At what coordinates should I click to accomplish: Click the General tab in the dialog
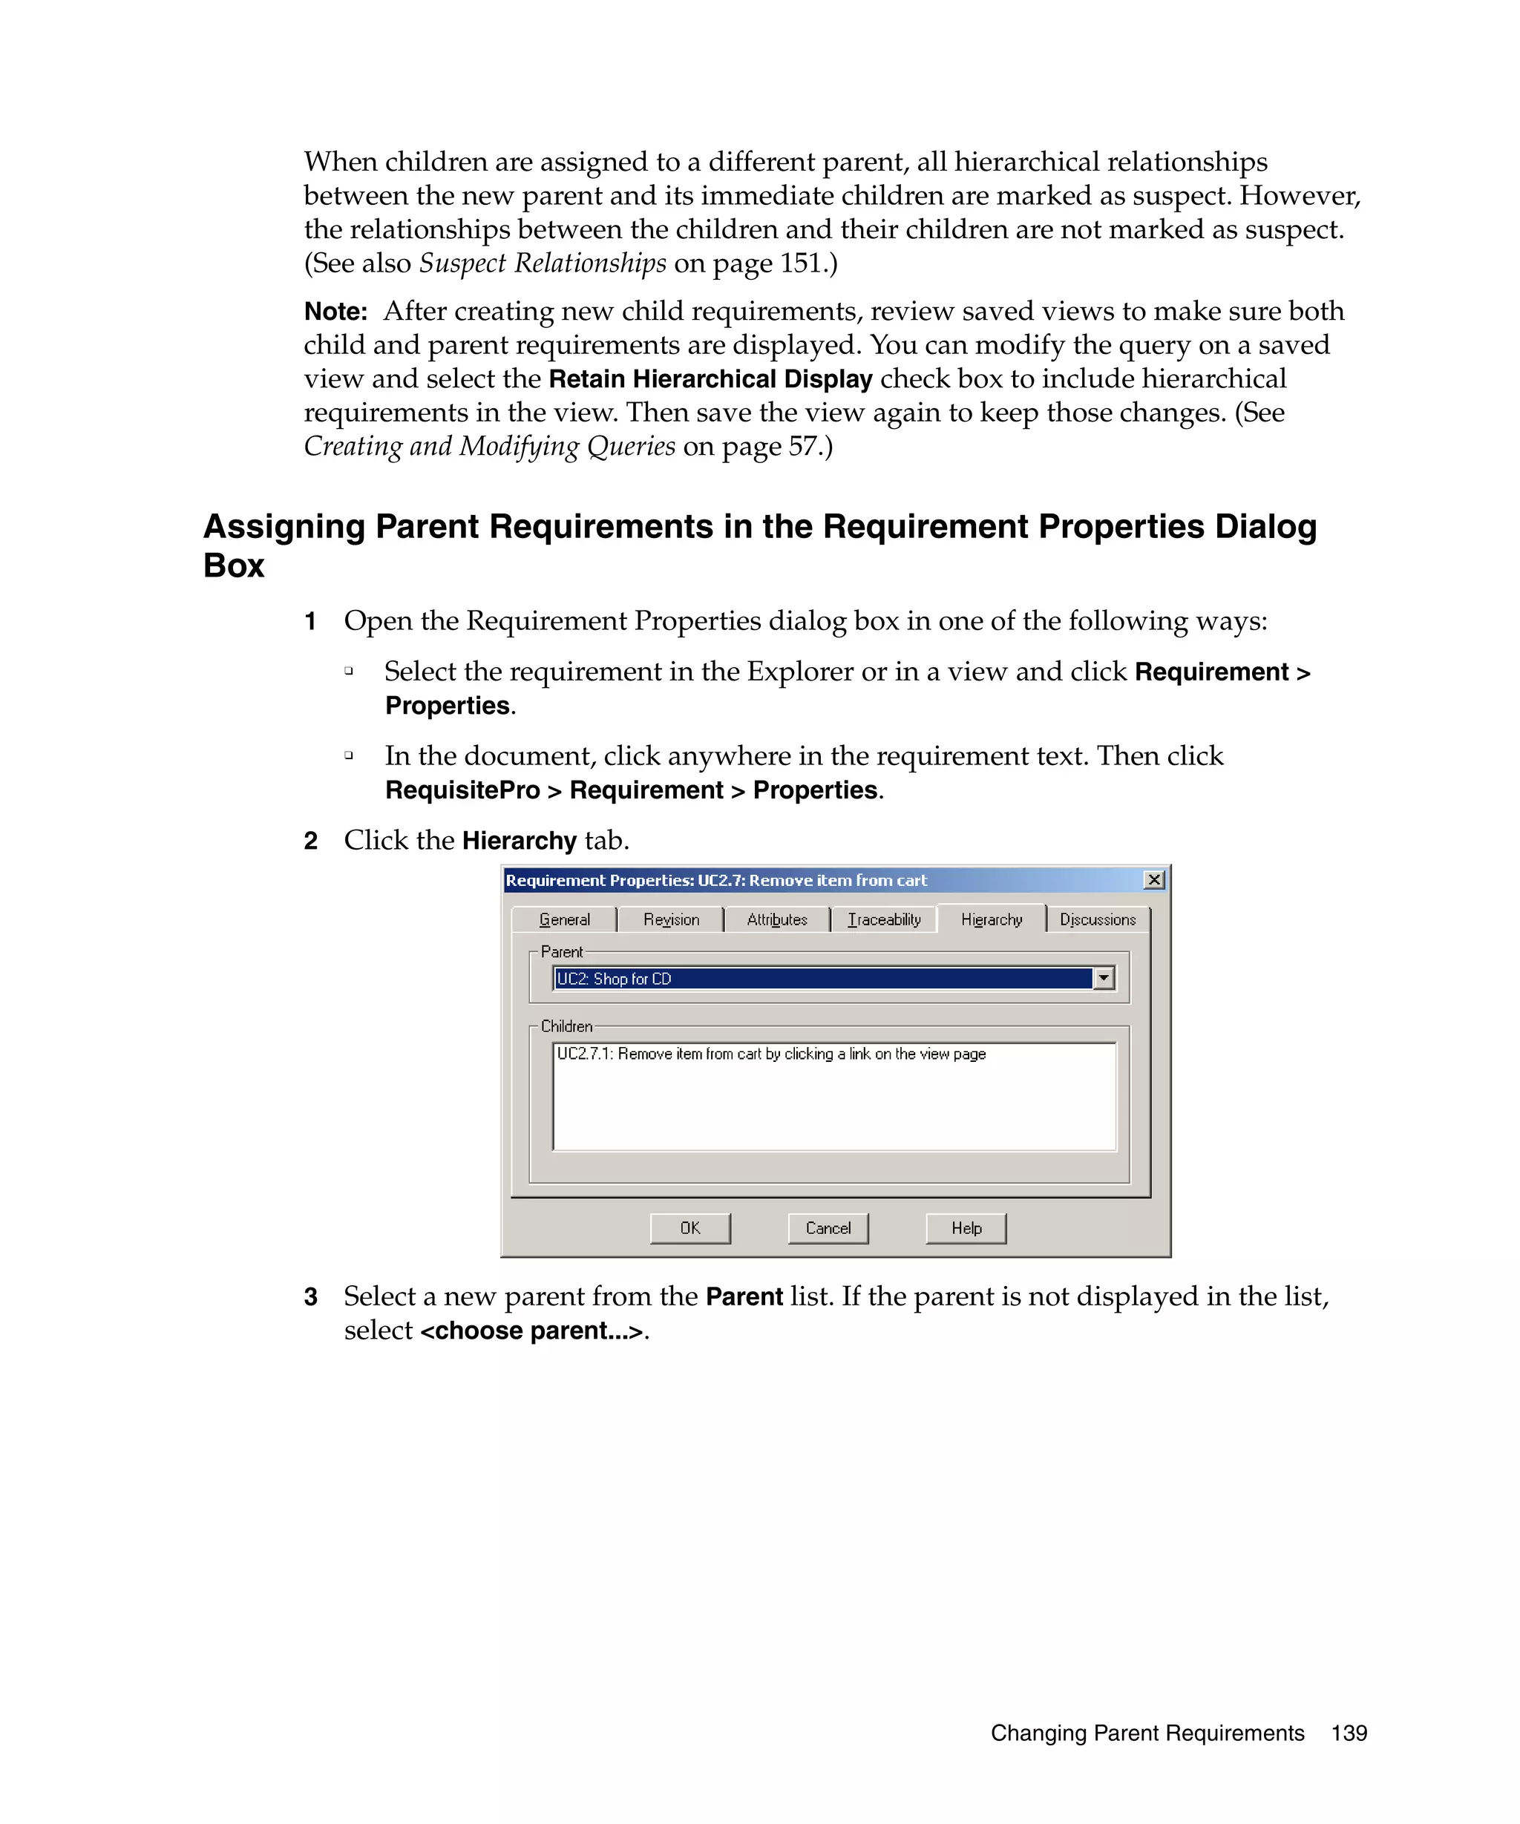pos(564,919)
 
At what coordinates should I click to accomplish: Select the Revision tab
pos(670,919)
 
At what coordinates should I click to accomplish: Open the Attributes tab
pos(776,919)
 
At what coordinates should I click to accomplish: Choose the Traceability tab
pos(883,919)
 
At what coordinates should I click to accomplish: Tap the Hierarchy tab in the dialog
pos(991,919)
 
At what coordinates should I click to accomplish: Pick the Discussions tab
pos(1097,919)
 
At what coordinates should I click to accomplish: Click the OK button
pos(689,1227)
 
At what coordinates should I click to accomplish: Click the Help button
pos(965,1227)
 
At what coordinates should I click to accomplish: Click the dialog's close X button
pos(1153,880)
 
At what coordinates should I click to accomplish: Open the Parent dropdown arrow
pos(1103,978)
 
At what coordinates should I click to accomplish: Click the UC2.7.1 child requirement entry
pos(770,1054)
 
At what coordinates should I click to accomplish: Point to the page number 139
pos(1348,1733)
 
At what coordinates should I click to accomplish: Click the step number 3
pos(311,1297)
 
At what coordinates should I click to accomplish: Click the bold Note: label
pos(335,312)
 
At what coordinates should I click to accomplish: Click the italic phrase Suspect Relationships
pos(542,262)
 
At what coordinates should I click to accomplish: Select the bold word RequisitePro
pos(462,790)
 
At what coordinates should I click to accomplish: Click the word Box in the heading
pos(234,565)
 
